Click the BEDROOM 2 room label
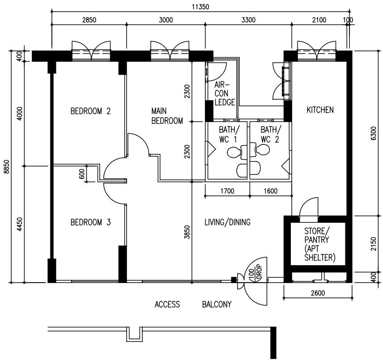pos(90,111)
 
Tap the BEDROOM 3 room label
pos(90,222)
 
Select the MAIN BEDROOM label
pos(167,115)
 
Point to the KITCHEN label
pos(320,110)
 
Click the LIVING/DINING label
pos(227,222)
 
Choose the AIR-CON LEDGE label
pos(224,93)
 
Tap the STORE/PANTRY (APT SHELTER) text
pos(319,244)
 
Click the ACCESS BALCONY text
pos(193,305)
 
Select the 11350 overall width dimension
pos(200,7)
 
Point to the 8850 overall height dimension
pos(6,167)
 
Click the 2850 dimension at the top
pos(89,20)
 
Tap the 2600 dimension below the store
pos(317,293)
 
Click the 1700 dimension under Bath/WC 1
pos(227,191)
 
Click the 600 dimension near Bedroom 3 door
pos(82,174)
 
